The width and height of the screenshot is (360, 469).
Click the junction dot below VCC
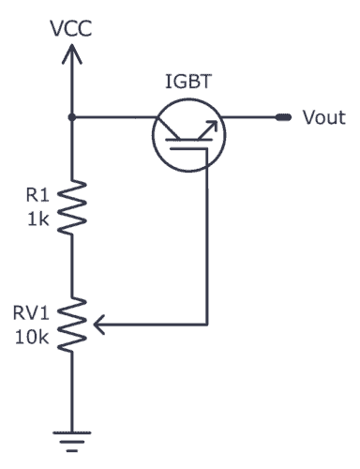point(72,117)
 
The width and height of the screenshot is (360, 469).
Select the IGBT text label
point(188,83)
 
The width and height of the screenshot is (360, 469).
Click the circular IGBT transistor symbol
point(187,132)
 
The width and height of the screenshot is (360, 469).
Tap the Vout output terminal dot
point(280,118)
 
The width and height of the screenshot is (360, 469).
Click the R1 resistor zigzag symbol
point(72,207)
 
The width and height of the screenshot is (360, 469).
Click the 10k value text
point(33,335)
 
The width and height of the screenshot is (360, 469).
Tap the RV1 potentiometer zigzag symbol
point(72,325)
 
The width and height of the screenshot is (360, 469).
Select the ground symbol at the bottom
point(72,432)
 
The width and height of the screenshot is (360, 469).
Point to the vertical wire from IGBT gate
point(205,244)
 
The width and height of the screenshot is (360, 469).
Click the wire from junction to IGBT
point(112,117)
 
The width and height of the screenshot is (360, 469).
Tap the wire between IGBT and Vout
point(248,117)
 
